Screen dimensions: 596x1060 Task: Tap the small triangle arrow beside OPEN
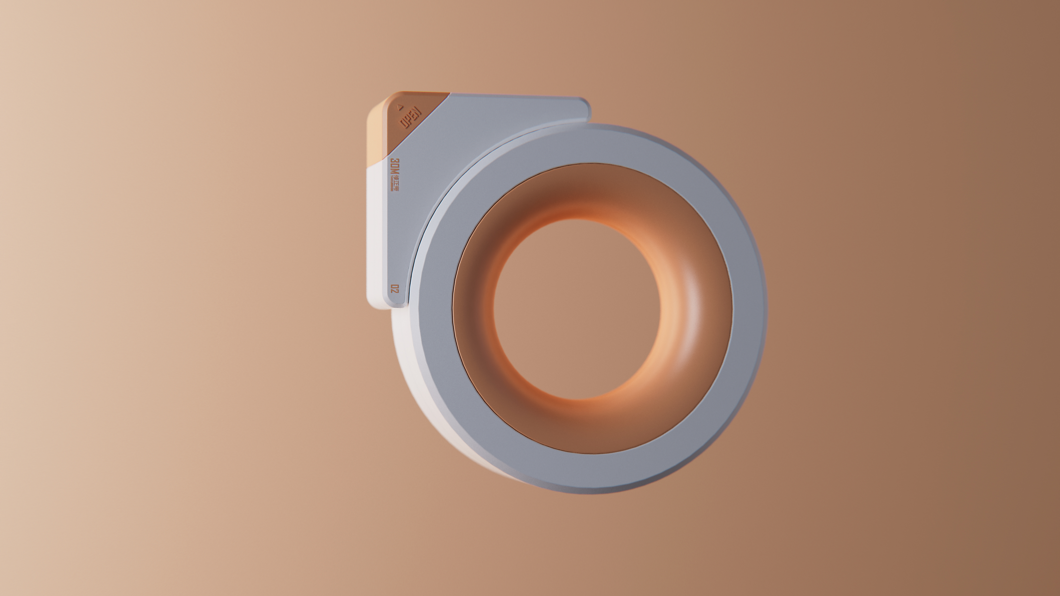(398, 106)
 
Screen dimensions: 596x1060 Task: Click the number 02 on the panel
(395, 289)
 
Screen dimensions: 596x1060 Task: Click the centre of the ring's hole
(576, 309)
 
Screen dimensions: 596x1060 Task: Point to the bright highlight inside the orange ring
(691, 321)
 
